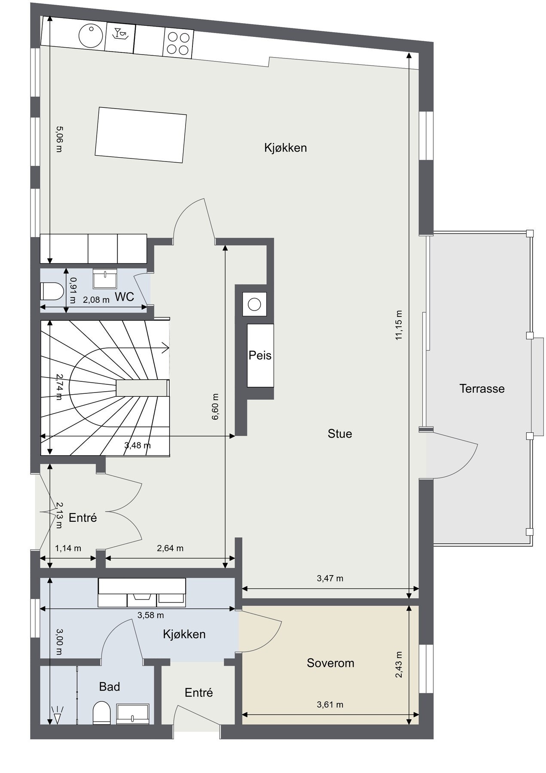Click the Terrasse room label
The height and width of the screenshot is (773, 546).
[482, 389]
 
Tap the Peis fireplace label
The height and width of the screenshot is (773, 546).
[260, 356]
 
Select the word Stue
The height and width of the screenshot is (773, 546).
[339, 434]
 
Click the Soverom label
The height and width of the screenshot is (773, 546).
[330, 663]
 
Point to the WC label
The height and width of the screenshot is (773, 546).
[125, 297]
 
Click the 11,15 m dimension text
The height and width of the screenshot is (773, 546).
[399, 325]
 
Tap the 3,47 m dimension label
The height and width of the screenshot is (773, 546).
[330, 578]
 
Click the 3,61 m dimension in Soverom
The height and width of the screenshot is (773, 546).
[330, 704]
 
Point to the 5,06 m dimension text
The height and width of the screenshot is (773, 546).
[59, 139]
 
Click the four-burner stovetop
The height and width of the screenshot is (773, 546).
[178, 43]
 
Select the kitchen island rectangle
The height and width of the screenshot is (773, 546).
[140, 135]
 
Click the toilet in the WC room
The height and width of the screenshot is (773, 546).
[51, 292]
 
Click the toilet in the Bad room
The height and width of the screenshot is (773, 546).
[102, 713]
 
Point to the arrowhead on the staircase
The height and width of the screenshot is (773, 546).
[165, 347]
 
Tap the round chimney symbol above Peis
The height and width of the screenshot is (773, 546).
[254, 304]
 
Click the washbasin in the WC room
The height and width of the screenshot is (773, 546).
[104, 279]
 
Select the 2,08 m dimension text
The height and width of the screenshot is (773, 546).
[96, 300]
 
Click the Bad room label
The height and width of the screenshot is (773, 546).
[109, 687]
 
